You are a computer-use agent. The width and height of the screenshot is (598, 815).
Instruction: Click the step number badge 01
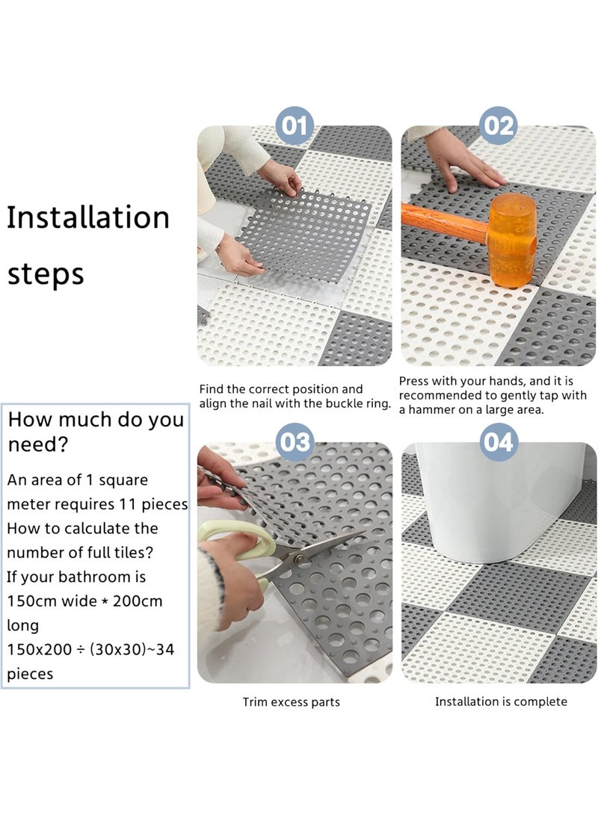pyautogui.click(x=295, y=125)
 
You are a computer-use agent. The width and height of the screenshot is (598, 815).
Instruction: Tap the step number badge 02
pyautogui.click(x=499, y=125)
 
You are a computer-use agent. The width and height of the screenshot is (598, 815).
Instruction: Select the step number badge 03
pyautogui.click(x=295, y=441)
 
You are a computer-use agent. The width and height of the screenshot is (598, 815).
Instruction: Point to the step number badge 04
pyautogui.click(x=499, y=441)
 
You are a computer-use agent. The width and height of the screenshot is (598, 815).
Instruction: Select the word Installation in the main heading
pyautogui.click(x=88, y=217)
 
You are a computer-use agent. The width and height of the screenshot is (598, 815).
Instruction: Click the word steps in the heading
pyautogui.click(x=46, y=273)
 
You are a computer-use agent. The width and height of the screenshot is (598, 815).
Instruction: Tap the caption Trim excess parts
pyautogui.click(x=291, y=702)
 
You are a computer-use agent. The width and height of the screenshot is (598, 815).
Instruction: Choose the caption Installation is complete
pyautogui.click(x=501, y=701)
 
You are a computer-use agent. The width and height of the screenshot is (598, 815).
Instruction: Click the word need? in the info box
pyautogui.click(x=38, y=445)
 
